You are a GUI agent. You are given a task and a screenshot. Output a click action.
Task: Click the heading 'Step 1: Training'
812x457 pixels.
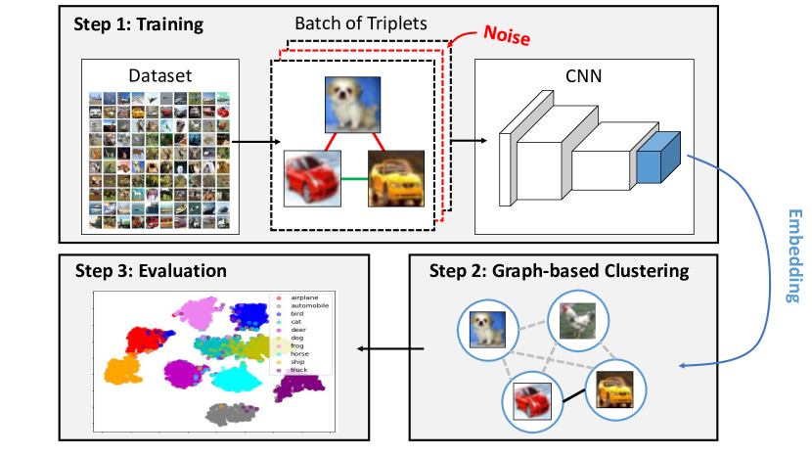[x=139, y=23]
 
